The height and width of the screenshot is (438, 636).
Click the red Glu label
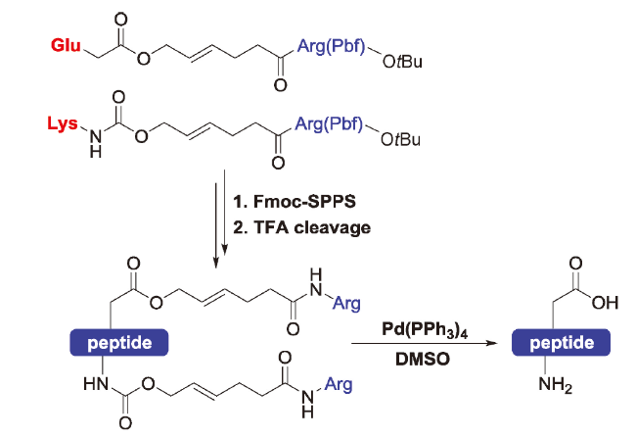[66, 45]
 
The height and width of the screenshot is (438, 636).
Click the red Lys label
[63, 123]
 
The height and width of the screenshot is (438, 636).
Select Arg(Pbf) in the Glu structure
[331, 46]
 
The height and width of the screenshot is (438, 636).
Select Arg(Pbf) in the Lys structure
[329, 123]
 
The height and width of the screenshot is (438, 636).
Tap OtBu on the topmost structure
[402, 62]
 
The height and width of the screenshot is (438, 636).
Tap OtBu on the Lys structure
[400, 139]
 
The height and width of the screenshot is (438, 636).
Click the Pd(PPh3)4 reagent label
[425, 329]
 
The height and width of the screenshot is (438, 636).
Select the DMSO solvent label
[423, 359]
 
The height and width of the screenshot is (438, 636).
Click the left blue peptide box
[119, 343]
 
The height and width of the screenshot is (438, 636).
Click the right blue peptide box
[562, 343]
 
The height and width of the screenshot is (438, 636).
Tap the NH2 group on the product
[556, 384]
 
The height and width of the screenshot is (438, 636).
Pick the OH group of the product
[605, 303]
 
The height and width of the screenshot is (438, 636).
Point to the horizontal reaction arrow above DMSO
[424, 344]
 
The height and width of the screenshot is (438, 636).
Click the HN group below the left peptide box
[96, 383]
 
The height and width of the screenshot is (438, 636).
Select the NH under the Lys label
[95, 144]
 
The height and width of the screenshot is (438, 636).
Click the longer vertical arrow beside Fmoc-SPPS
[224, 212]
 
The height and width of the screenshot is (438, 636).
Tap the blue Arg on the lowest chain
[339, 384]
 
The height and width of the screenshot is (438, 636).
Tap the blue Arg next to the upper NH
[346, 303]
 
